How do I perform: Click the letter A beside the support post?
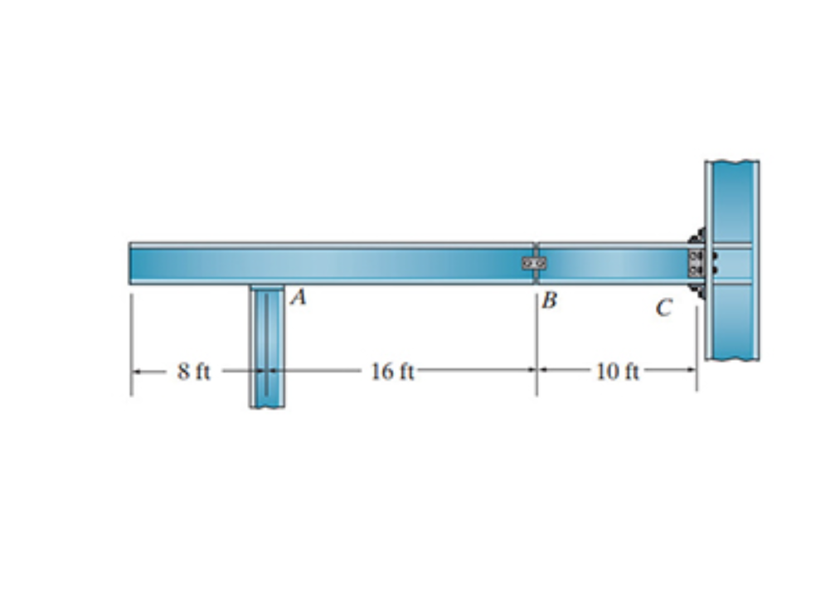(299, 298)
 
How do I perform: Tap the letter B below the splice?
(549, 300)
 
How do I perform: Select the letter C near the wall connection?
(663, 309)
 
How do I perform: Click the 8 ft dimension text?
(193, 372)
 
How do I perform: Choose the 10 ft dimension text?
(618, 372)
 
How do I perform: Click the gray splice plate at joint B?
(534, 263)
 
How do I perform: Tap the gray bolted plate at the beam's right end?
(695, 264)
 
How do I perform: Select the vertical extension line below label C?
(697, 348)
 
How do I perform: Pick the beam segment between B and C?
(614, 264)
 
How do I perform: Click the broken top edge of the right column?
(732, 162)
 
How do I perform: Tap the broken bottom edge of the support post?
(267, 406)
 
